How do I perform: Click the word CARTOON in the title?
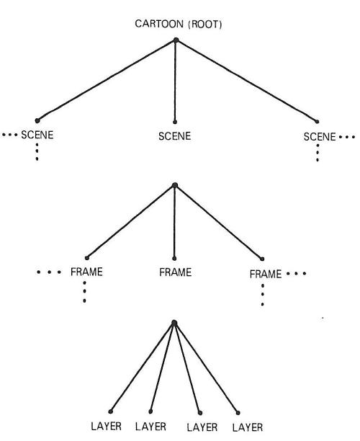coord(159,24)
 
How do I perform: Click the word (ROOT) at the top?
coord(205,24)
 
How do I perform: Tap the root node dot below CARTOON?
coord(176,40)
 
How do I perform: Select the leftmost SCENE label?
coord(37,135)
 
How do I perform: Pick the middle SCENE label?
coord(174,136)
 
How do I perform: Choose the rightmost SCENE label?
coord(320,137)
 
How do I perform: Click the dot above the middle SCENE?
coord(175,122)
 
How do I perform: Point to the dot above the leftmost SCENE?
coord(37,120)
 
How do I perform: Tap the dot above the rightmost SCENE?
coord(317,122)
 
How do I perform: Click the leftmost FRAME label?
coord(86,272)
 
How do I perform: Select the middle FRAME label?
coord(176,272)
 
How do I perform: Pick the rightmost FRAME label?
coord(266,274)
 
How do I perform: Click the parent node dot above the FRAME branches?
coord(175,185)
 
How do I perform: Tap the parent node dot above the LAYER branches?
coord(174,323)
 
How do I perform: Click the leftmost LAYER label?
coord(107,427)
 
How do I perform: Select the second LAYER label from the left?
coord(150,427)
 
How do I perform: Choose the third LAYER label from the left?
coord(202,427)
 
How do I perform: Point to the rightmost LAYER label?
coord(248,427)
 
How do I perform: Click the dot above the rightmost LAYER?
coord(238,413)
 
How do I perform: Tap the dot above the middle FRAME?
coord(174,259)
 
